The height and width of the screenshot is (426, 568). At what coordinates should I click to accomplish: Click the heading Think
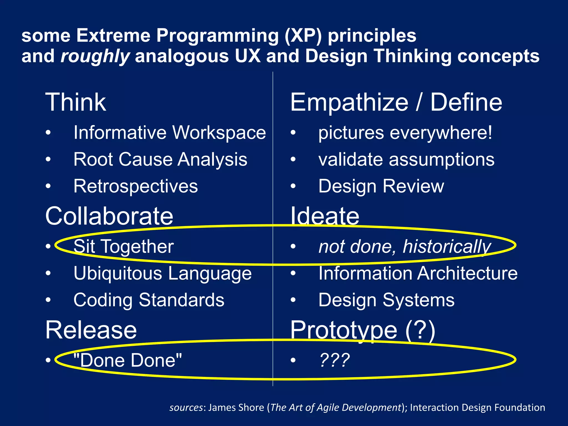point(75,102)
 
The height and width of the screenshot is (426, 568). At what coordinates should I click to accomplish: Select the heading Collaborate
point(109,216)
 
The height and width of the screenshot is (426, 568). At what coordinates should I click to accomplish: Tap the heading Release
point(91,330)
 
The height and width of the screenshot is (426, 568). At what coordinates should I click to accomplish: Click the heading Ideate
point(324,216)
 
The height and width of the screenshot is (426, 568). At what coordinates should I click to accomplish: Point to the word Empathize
point(349,102)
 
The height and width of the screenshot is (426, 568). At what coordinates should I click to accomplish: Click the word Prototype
point(344,330)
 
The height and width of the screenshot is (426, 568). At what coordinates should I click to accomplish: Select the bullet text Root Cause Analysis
point(160,159)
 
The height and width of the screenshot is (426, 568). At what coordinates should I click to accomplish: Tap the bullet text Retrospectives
point(136,186)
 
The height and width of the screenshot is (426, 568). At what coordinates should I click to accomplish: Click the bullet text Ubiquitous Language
point(163,273)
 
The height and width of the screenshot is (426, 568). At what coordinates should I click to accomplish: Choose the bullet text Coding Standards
point(149,300)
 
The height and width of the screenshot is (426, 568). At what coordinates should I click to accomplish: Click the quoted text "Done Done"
point(128,360)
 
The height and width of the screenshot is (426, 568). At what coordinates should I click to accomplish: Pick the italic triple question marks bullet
point(334,360)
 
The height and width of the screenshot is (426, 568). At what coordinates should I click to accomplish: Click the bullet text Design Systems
point(386,300)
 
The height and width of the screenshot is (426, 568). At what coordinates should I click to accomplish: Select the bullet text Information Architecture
point(418,273)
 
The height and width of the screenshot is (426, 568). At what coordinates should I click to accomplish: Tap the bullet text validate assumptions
point(406,159)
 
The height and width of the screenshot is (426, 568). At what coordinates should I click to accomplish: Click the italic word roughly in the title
point(95,56)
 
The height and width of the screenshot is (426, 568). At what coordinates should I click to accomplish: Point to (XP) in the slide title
point(303,36)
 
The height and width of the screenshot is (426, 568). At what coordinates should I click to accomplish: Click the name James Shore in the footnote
point(236,407)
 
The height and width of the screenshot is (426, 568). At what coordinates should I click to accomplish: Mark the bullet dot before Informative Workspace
point(48,133)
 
